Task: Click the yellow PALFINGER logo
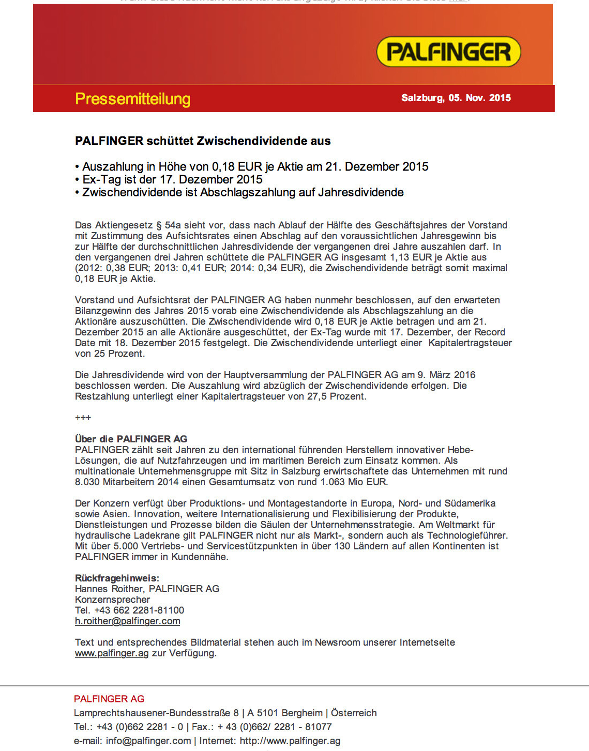pyautogui.click(x=448, y=52)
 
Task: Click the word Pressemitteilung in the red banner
pyautogui.click(x=133, y=99)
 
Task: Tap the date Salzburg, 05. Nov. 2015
pyautogui.click(x=456, y=98)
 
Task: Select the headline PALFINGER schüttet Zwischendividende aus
pyautogui.click(x=202, y=141)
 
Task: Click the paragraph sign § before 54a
pyautogui.click(x=158, y=225)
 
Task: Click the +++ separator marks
pyautogui.click(x=83, y=418)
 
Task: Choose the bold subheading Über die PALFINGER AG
pyautogui.click(x=131, y=439)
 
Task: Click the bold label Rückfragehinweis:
pyautogui.click(x=117, y=578)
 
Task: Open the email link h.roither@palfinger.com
pyautogui.click(x=127, y=621)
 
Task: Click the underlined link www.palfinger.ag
pyautogui.click(x=111, y=653)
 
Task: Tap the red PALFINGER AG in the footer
pyautogui.click(x=109, y=699)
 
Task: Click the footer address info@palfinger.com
pyautogui.click(x=148, y=741)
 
